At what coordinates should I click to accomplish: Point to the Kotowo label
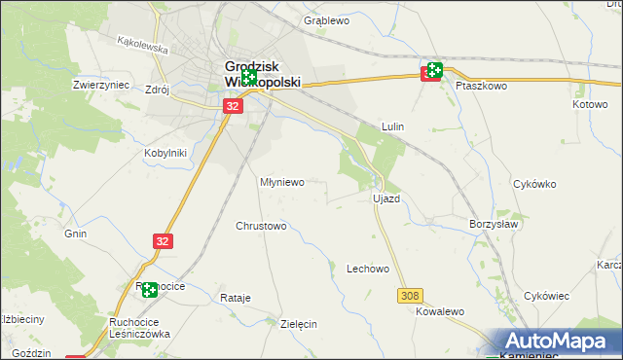coord(590,104)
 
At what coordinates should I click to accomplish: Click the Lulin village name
coord(392,126)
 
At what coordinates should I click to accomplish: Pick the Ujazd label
coord(386,198)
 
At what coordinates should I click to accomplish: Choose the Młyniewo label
coord(282,182)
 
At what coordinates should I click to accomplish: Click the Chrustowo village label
coord(261,226)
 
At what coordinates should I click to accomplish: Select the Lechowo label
coord(368,269)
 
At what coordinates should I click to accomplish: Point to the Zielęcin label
coord(299,324)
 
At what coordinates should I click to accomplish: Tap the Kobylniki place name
coord(165,153)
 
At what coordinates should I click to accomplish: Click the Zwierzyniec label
coord(101,85)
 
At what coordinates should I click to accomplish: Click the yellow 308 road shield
coord(409,294)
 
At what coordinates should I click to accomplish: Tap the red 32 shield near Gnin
coord(164,239)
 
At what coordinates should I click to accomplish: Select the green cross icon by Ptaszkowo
coord(434,70)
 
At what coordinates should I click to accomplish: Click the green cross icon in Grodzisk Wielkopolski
coord(248,77)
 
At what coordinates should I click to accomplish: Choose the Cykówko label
coord(533,183)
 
